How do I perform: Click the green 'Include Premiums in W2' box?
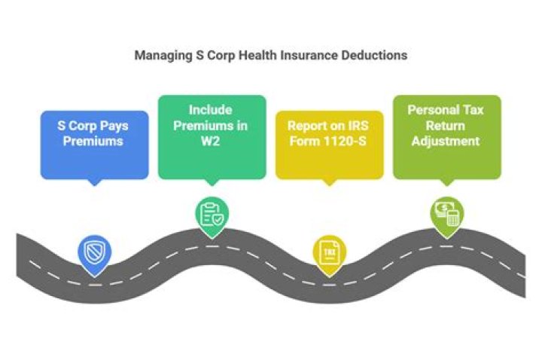[212, 136]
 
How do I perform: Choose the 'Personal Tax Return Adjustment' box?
[446, 136]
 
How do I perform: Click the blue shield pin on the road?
[93, 252]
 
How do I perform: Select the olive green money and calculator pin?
[446, 212]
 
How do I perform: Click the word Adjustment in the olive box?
[446, 141]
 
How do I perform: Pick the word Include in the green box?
[212, 110]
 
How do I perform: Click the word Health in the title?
[266, 56]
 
